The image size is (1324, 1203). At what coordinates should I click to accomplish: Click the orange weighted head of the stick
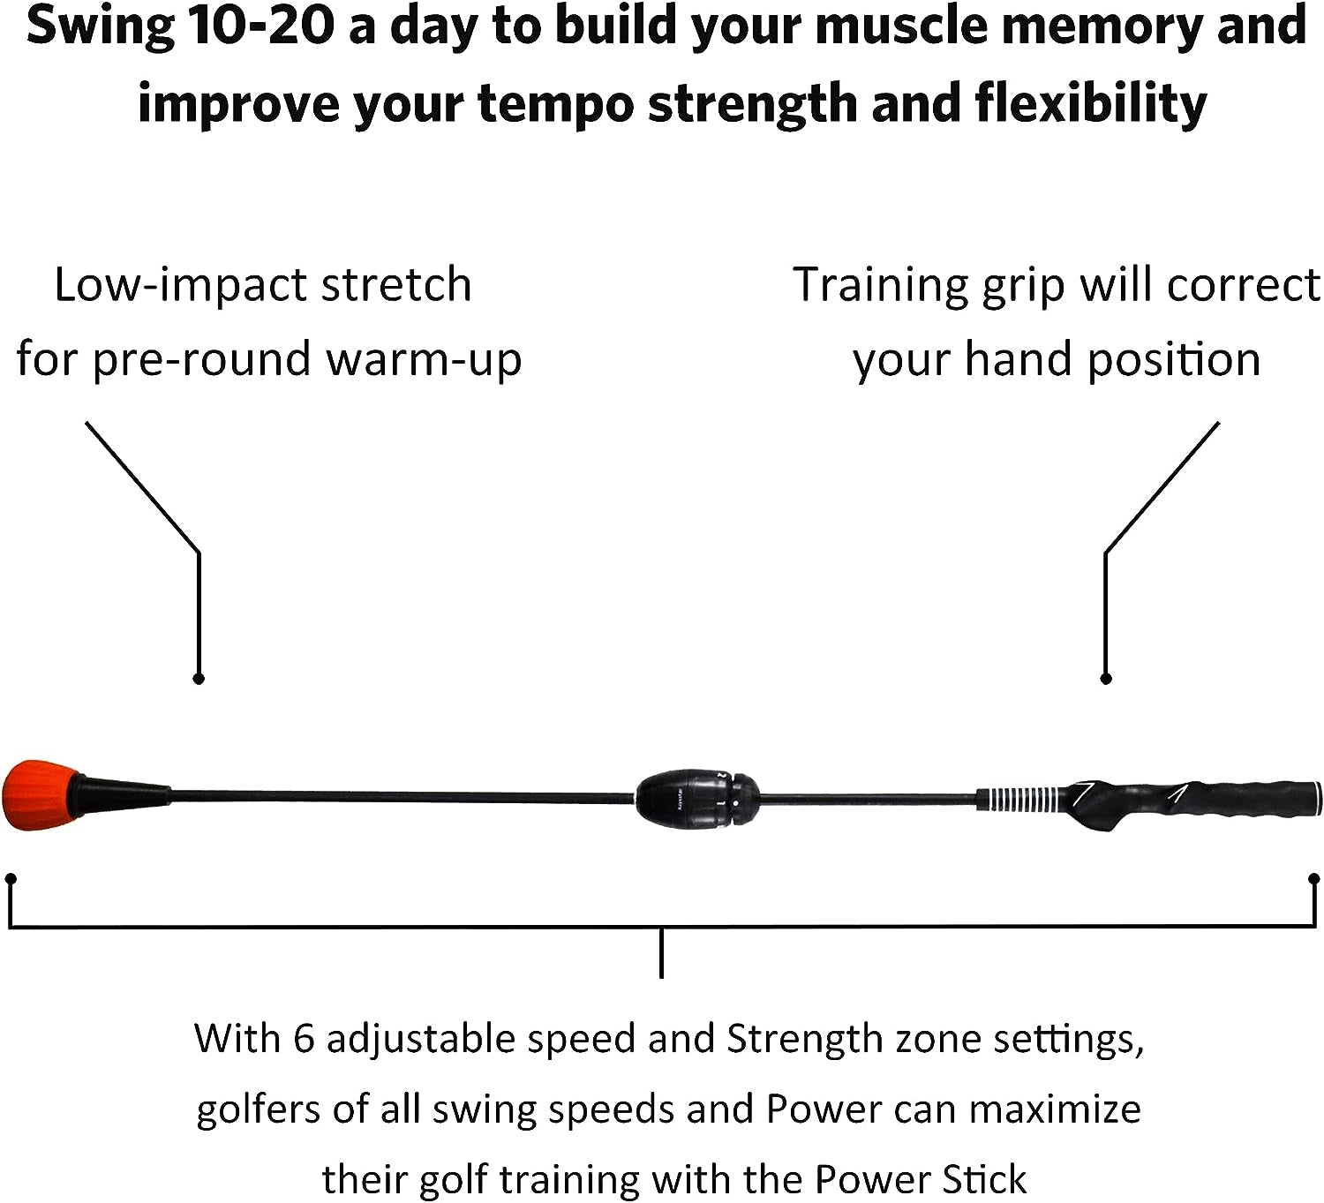click(x=41, y=795)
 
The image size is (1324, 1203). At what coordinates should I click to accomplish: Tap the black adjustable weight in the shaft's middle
click(x=697, y=800)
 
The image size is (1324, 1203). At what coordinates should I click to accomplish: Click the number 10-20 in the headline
click(x=260, y=26)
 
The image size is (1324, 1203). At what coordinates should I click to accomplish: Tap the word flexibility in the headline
click(x=1090, y=103)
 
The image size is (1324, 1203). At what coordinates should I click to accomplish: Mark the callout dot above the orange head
click(x=199, y=679)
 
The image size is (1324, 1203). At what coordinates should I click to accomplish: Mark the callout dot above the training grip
click(x=1107, y=679)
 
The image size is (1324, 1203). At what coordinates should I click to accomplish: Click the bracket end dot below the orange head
click(x=11, y=879)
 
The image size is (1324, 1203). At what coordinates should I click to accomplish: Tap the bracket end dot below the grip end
click(x=1314, y=879)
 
